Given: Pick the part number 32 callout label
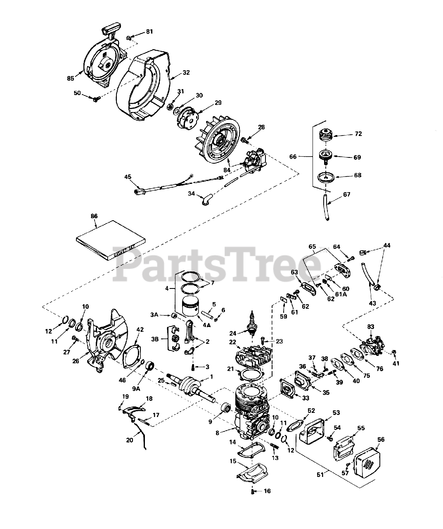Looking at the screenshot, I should (x=186, y=73).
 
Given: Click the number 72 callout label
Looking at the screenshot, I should (x=358, y=134).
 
